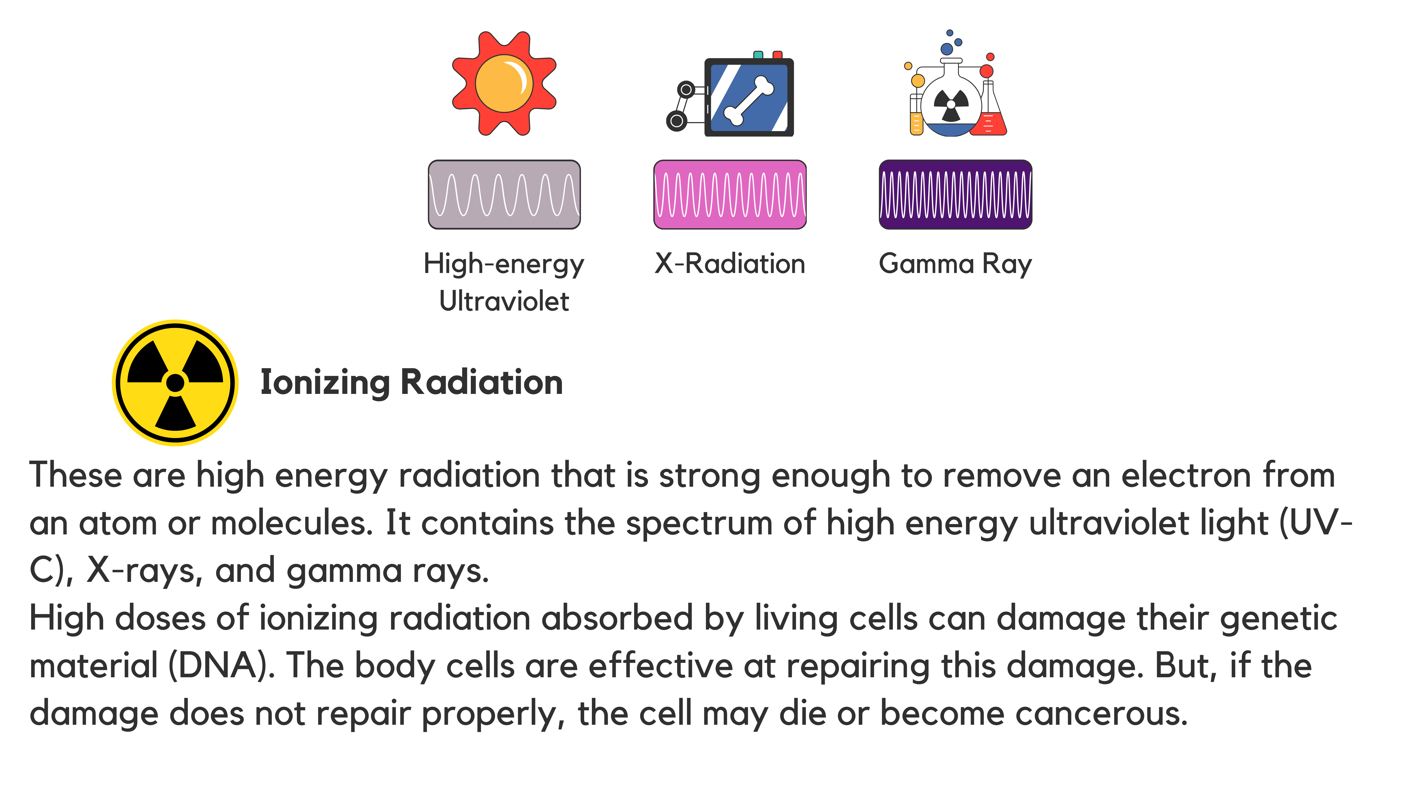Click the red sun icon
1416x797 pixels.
click(504, 84)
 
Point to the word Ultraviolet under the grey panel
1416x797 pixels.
click(504, 301)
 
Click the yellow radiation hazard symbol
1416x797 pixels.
click(175, 383)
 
